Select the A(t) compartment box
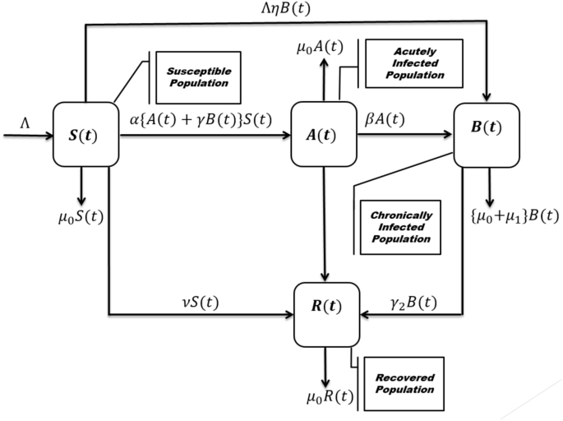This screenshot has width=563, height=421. pyautogui.click(x=327, y=134)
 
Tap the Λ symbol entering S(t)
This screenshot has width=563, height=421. pyautogui.click(x=26, y=122)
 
